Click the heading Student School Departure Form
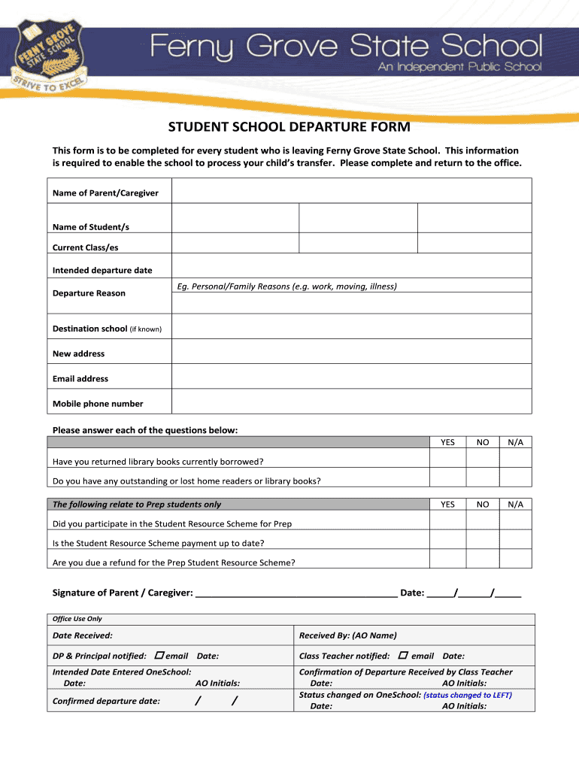pos(289,127)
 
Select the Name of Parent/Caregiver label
pos(105,193)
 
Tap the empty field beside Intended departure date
pos(351,270)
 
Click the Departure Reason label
pos(89,293)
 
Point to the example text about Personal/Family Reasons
pos(286,286)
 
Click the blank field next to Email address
pos(351,378)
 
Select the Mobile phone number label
pos(98,404)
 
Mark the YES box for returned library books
pos(447,461)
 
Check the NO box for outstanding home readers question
pos(483,480)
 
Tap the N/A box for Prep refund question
pos(515,562)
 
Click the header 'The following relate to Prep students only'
pos(137,505)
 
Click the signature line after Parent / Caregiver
pos(296,593)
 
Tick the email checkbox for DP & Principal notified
pos(159,656)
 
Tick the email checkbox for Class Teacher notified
pos(403,656)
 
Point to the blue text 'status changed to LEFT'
pos(468,696)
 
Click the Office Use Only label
pos(77,619)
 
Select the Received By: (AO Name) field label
pos(347,636)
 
